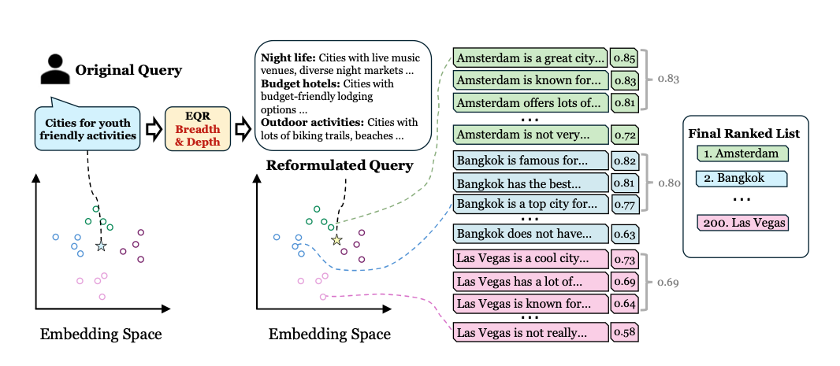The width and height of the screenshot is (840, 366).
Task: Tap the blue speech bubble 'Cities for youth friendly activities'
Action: tap(88, 128)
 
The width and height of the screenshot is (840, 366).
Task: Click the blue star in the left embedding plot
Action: tap(101, 247)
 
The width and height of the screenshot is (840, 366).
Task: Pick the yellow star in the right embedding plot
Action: tap(337, 239)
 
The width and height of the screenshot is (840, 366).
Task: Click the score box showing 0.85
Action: tap(624, 58)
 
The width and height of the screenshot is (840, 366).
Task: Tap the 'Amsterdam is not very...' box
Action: tap(530, 135)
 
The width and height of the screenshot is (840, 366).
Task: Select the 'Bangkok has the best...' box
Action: tap(530, 183)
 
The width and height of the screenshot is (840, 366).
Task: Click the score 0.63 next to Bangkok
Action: tap(624, 234)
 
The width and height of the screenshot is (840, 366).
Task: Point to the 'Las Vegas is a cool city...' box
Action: tap(530, 259)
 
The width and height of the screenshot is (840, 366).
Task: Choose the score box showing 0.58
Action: tap(624, 332)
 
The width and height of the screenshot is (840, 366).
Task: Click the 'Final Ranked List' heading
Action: tap(744, 134)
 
